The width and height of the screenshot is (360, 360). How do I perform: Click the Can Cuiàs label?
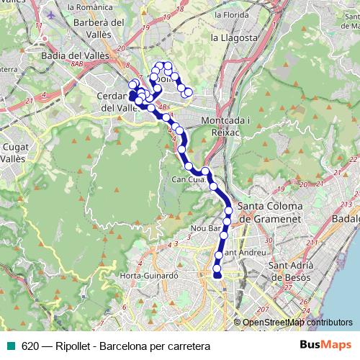point(186,179)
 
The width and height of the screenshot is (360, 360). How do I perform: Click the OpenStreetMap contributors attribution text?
point(297,323)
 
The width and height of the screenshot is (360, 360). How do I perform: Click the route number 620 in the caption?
point(30,346)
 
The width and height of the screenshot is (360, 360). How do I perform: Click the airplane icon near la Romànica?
point(50,14)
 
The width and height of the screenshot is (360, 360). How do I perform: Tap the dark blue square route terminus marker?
point(132,94)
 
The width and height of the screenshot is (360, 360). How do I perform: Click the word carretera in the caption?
point(186,346)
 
